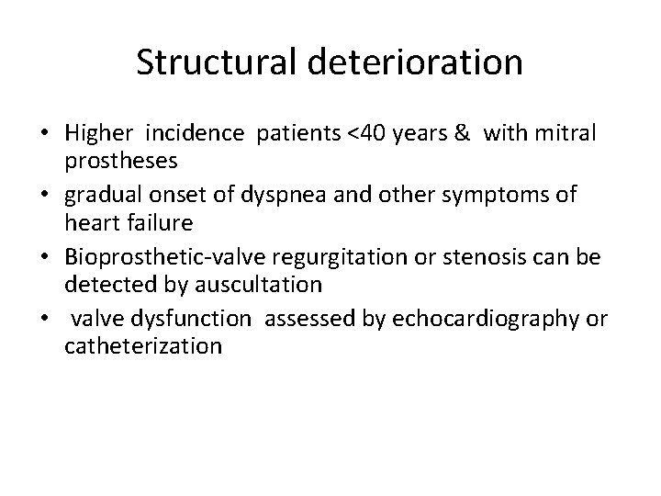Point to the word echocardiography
click(x=488, y=319)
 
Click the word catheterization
click(x=142, y=345)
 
